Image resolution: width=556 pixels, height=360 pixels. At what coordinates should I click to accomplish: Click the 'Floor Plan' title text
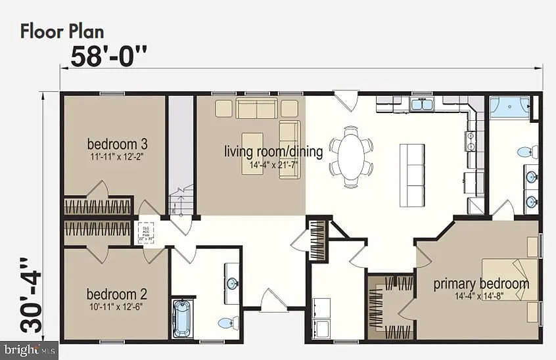click(x=62, y=31)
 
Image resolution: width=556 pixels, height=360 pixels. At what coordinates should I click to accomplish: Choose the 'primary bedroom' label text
click(x=480, y=284)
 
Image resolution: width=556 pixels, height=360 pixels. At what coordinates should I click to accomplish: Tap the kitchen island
click(x=412, y=174)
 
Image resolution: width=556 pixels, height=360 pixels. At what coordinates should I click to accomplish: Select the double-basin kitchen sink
click(x=421, y=104)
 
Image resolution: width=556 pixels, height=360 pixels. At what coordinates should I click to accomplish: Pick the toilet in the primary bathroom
click(x=527, y=152)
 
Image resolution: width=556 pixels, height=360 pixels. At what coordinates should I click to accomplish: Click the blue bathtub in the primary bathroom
click(x=510, y=107)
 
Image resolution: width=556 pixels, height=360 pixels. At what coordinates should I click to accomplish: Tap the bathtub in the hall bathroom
click(x=182, y=318)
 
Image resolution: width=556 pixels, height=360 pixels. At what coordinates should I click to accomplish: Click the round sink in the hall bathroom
click(x=232, y=284)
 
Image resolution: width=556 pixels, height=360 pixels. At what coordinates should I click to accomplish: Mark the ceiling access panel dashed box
click(x=145, y=233)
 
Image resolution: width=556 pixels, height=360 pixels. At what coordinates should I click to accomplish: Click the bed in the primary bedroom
click(x=510, y=279)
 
